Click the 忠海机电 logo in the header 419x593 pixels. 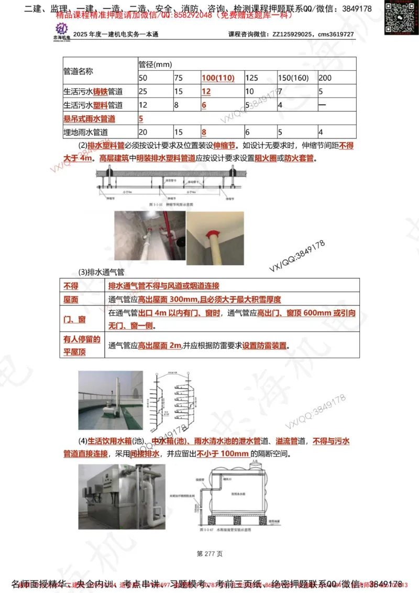62,30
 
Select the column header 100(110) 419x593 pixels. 217,78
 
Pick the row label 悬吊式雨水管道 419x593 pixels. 90,119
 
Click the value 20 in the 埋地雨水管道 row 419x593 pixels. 143,133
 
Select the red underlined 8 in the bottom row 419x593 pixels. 204,133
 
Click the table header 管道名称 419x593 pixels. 79,71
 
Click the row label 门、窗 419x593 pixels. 74,319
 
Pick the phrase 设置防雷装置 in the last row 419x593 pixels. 265,346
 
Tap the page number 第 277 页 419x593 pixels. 210,553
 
